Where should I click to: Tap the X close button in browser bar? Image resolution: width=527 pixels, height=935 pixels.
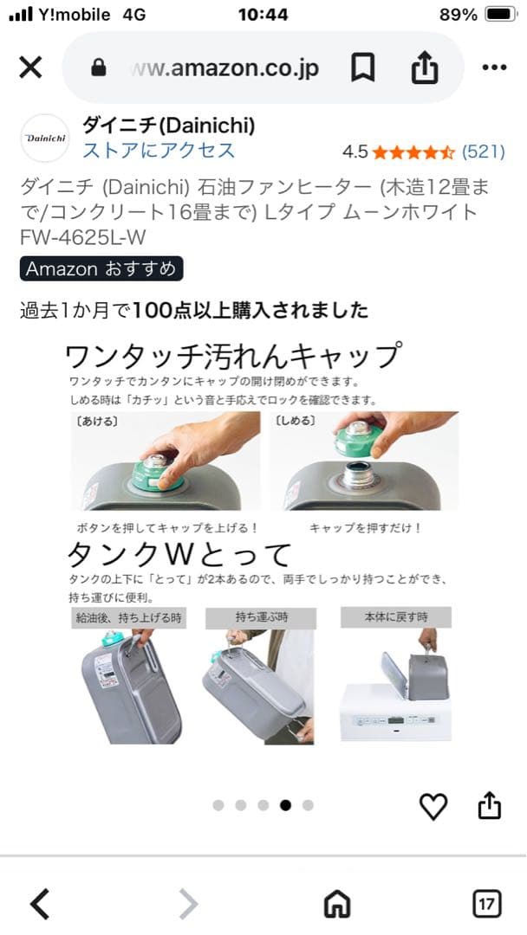(30, 68)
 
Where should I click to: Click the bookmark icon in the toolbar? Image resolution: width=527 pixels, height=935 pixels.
(362, 68)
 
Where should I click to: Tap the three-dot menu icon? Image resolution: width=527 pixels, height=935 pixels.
(494, 68)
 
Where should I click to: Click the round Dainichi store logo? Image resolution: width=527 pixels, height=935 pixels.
(44, 138)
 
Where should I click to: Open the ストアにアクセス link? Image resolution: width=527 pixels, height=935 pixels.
(159, 151)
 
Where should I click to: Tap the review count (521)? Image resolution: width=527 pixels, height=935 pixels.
(484, 152)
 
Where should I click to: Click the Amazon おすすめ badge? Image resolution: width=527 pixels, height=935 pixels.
(101, 268)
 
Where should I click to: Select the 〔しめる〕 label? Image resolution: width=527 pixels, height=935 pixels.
(296, 422)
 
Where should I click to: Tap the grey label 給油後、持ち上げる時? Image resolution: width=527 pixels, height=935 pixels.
(127, 617)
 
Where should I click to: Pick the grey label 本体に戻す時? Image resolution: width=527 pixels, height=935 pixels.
(396, 617)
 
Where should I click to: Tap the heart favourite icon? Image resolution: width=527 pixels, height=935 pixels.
(433, 806)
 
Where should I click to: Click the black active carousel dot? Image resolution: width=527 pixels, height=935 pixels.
(285, 805)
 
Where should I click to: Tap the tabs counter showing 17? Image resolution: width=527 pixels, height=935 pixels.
(487, 905)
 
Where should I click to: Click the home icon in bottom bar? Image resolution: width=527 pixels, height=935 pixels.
(336, 905)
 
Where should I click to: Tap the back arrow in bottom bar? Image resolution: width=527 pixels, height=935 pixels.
(40, 905)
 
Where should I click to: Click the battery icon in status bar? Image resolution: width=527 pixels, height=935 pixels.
(501, 15)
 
